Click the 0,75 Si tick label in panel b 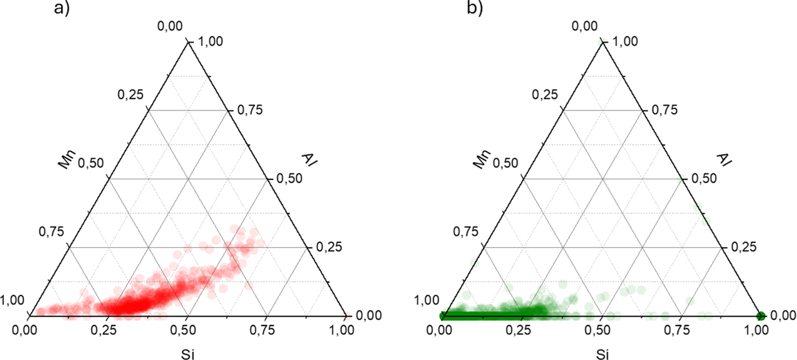coord(680,328)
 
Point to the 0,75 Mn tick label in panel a coord(52,232)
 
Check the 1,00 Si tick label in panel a coord(345,328)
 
